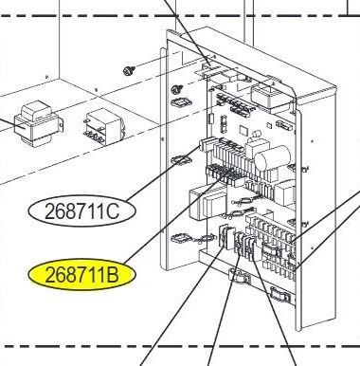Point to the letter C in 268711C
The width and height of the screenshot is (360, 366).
112,211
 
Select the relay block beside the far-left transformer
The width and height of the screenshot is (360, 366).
102,122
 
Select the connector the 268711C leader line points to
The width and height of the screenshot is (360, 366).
204,145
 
